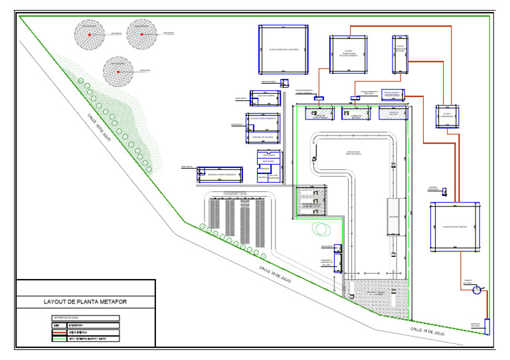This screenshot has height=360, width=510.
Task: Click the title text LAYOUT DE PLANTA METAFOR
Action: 85,302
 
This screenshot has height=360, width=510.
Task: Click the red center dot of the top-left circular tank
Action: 88,33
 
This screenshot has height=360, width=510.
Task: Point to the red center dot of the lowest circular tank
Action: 118,71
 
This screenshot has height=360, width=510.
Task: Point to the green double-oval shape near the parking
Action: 322,228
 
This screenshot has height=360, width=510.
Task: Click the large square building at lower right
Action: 455,227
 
